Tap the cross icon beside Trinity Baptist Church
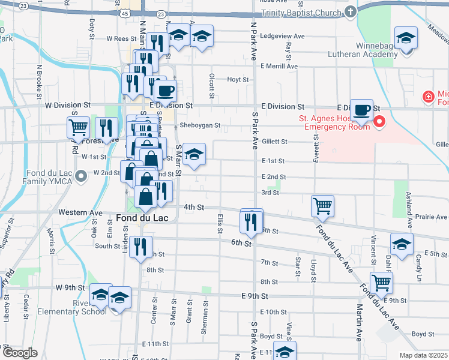[351, 12]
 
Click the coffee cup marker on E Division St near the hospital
[362, 110]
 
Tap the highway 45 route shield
[123, 13]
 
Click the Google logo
[19, 352]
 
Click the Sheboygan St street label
[200, 126]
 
